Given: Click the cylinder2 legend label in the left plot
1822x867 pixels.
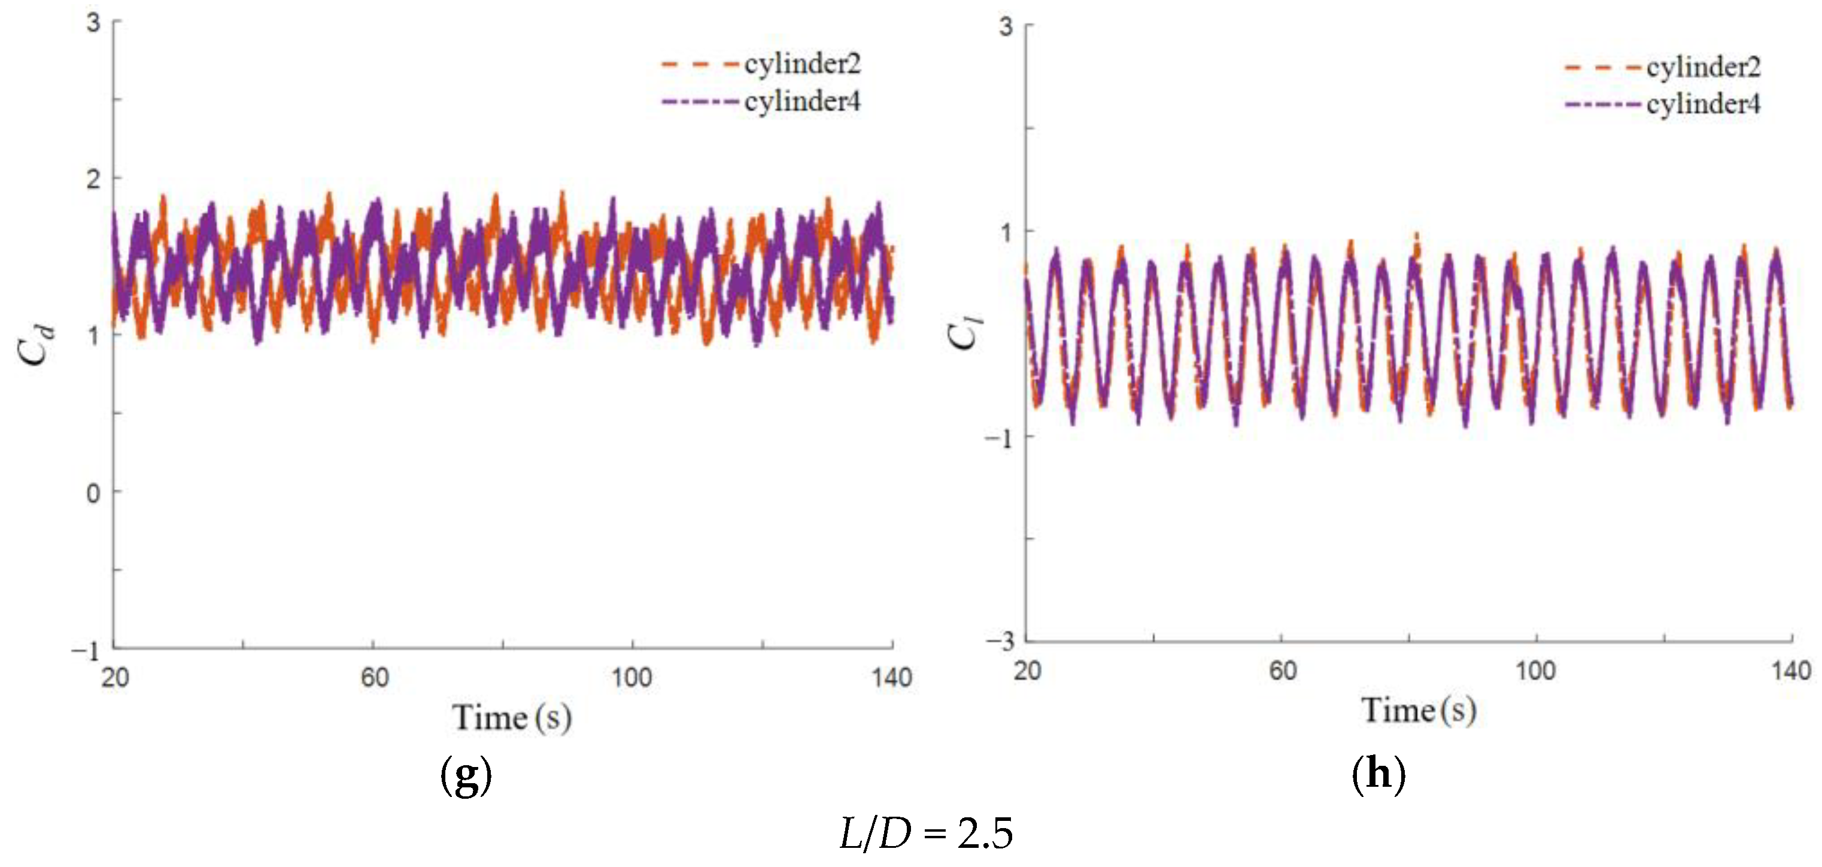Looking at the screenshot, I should click(x=802, y=65).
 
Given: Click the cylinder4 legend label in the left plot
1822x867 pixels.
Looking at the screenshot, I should click(x=802, y=102).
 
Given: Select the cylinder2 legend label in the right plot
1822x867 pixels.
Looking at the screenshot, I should click(x=1703, y=67).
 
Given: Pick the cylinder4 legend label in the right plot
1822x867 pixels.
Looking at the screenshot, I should click(x=1703, y=105).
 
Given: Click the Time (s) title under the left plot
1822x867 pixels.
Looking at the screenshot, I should click(x=511, y=718).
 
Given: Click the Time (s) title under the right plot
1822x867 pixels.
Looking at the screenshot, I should click(x=1418, y=711).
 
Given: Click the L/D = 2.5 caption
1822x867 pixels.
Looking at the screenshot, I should click(x=926, y=833).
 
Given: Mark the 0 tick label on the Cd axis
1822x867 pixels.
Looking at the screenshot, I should click(x=93, y=493).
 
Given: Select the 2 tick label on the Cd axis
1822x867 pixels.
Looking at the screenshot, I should click(x=93, y=179).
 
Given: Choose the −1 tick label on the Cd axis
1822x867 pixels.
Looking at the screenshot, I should click(x=86, y=651).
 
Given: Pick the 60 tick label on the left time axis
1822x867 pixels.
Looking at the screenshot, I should click(x=374, y=678).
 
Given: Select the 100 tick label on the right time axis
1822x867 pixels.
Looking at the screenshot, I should click(x=1535, y=670).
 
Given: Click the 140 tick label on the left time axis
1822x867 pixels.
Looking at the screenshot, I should click(x=891, y=678).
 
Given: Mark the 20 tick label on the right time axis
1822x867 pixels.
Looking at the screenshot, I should click(x=1027, y=670).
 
